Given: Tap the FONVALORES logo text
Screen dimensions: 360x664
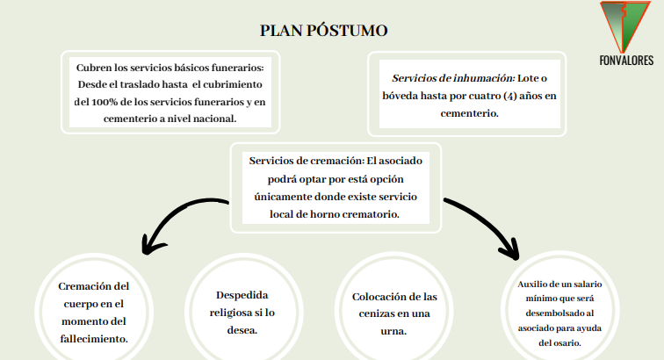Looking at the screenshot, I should [x=625, y=60].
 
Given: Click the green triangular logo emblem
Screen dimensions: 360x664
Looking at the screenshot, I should [x=624, y=26].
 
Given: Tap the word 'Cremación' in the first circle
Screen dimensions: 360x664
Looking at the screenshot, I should [x=88, y=285].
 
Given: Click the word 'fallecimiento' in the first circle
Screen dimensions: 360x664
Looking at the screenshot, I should [x=93, y=338].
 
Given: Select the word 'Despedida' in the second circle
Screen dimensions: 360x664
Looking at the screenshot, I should [x=242, y=295].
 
